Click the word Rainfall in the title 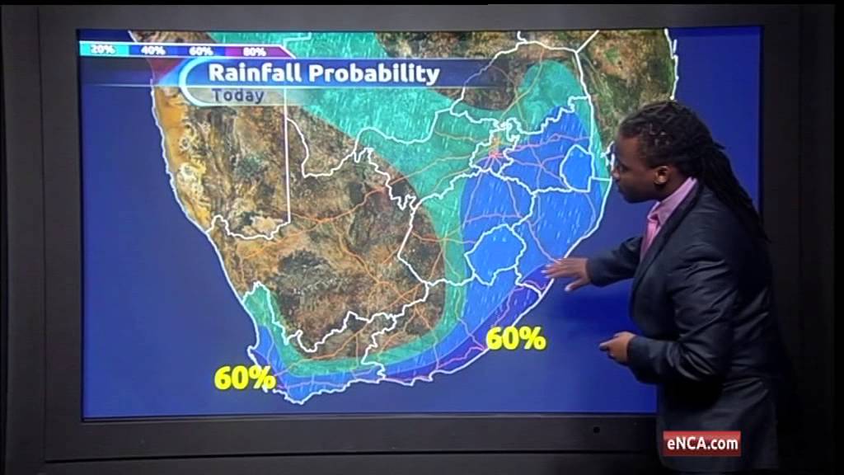click(x=253, y=73)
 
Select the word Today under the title click(x=238, y=95)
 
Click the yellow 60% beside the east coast click(x=516, y=338)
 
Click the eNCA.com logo click(x=702, y=444)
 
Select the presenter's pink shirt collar click(x=658, y=216)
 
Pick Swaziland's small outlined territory click(x=576, y=168)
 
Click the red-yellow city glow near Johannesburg click(x=496, y=151)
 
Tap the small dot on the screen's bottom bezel click(x=595, y=430)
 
